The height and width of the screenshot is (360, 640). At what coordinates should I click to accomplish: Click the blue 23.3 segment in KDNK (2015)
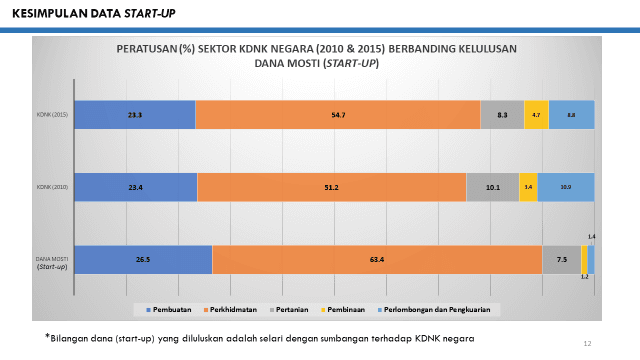tap(135, 115)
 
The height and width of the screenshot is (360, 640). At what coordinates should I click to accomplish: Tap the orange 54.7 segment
tap(338, 115)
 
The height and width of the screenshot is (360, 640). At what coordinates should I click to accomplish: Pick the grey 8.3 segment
tap(502, 115)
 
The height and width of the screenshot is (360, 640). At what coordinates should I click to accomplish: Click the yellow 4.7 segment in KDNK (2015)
tap(536, 115)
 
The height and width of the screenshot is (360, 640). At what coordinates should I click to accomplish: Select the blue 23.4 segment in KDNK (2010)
tap(136, 187)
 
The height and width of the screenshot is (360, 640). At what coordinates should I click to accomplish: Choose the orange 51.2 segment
tap(332, 187)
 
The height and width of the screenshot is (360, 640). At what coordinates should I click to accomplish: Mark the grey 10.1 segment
tap(493, 187)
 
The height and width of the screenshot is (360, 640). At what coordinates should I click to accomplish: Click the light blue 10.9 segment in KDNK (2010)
tap(566, 187)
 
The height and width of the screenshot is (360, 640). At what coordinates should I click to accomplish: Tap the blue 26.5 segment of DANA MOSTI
tap(143, 260)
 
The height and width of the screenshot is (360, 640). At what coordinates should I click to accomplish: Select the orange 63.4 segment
tap(376, 260)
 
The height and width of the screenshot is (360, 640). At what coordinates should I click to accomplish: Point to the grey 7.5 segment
tap(561, 260)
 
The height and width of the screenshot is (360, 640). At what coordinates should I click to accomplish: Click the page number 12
tap(587, 343)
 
